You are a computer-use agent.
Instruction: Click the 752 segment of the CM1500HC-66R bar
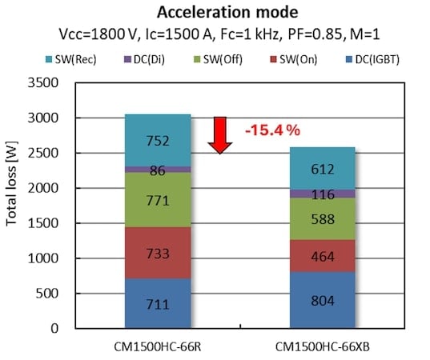point(157,140)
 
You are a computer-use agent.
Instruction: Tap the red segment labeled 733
point(157,252)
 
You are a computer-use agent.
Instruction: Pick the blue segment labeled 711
point(157,303)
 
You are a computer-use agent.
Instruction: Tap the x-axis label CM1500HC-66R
point(157,346)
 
